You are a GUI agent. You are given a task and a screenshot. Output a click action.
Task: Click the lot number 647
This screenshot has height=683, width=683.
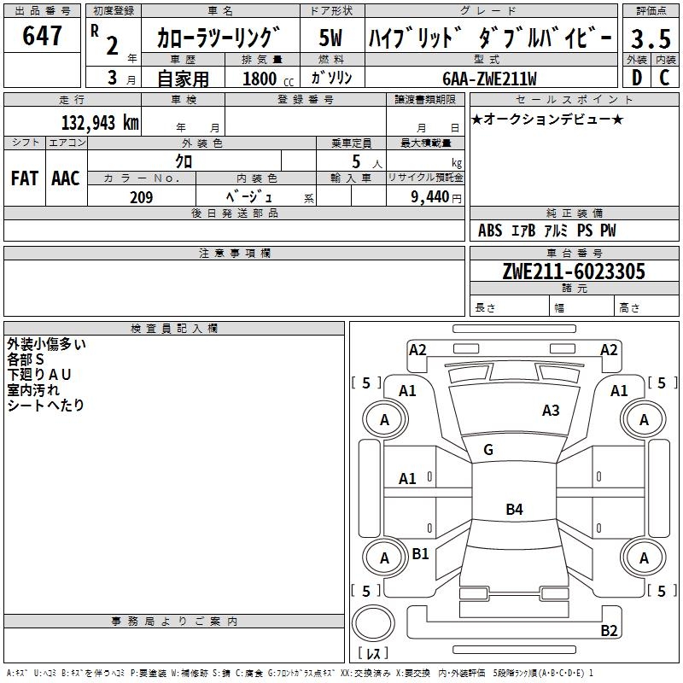pos(43,36)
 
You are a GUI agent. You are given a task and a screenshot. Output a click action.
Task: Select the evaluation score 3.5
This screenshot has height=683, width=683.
pos(650,39)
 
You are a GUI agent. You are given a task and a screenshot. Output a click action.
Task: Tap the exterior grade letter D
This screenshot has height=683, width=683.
pos(636,77)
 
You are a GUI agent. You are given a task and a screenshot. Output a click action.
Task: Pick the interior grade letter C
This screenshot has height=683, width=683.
pos(664,77)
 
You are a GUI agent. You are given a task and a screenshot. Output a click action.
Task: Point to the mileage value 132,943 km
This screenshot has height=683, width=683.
pos(100,122)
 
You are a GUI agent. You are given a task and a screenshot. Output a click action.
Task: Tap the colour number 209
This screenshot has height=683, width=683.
pos(141,197)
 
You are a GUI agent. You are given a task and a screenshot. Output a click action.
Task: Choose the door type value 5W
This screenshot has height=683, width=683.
pos(331,39)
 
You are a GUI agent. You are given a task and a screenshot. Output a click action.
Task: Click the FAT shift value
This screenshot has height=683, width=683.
pos(24,178)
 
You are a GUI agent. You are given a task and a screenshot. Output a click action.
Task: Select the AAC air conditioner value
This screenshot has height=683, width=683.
pos(65,178)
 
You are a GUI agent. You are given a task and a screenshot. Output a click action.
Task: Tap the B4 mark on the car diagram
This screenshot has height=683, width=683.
pos(514,510)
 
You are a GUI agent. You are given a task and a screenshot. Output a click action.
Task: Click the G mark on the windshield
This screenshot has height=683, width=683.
pos(488,450)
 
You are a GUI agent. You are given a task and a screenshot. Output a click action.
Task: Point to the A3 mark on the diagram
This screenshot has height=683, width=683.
pos(551,411)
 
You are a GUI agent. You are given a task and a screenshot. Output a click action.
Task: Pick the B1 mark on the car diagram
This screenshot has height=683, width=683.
pos(420,553)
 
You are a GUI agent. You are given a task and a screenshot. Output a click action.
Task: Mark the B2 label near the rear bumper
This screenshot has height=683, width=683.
pos(609,631)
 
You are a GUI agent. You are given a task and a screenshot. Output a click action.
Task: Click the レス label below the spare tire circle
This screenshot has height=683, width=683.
pos(372,655)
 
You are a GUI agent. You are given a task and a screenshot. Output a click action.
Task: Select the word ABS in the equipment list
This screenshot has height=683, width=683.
pos(490,231)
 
